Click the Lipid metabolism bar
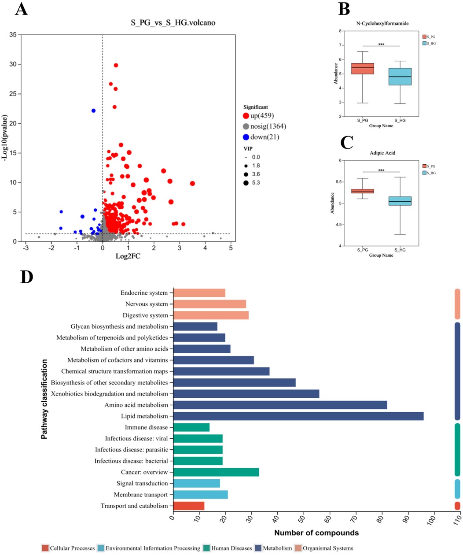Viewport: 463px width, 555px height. [x=298, y=416]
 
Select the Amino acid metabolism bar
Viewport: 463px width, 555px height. [x=280, y=405]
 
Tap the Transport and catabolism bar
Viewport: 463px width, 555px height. [x=189, y=506]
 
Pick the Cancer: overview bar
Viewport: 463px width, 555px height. [x=216, y=472]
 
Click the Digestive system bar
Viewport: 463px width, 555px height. [x=211, y=315]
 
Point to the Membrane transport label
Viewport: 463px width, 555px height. [x=141, y=495]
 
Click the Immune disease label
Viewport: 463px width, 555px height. [x=146, y=427]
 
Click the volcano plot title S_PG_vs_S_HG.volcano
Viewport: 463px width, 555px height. [x=173, y=22]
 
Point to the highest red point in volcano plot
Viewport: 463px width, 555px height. [x=116, y=65]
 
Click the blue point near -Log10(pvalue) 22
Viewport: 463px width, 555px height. [x=93, y=111]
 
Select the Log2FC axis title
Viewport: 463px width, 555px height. [x=129, y=256]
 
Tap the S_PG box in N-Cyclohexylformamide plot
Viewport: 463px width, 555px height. [x=363, y=68]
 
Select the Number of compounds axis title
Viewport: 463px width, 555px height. [x=316, y=533]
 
